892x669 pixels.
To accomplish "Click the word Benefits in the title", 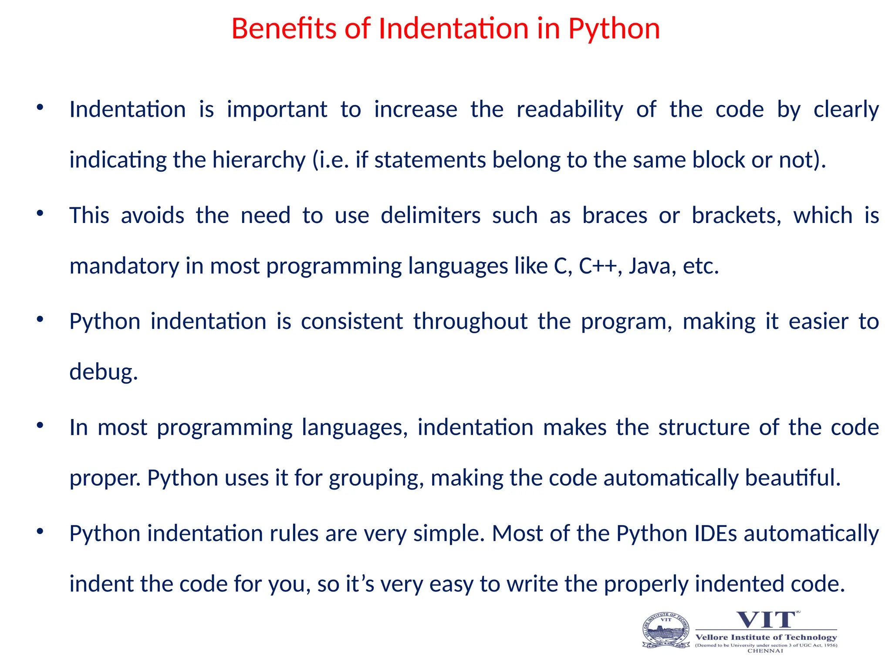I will coord(284,29).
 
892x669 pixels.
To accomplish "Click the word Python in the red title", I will coord(614,29).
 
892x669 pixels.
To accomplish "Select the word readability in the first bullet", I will coord(570,109).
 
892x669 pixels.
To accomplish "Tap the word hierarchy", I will coord(259,160).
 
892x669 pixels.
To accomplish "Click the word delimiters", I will coord(430,216).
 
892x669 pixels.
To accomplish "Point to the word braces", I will coord(615,216).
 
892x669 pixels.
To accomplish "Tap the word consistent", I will coord(351,321).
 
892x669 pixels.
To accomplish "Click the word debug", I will coord(103,372).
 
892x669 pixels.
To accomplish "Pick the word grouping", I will coord(376,478).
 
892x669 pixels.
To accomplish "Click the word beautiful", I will coord(792,478).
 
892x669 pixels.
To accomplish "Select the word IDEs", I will coord(716,534).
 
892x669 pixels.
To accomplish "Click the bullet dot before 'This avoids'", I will coord(40,213).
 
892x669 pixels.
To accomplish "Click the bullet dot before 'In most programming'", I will coord(40,425).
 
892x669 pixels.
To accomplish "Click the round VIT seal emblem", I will coord(666,630).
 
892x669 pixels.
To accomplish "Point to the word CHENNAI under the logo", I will coord(765,651).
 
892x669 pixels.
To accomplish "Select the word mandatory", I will coord(124,266).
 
